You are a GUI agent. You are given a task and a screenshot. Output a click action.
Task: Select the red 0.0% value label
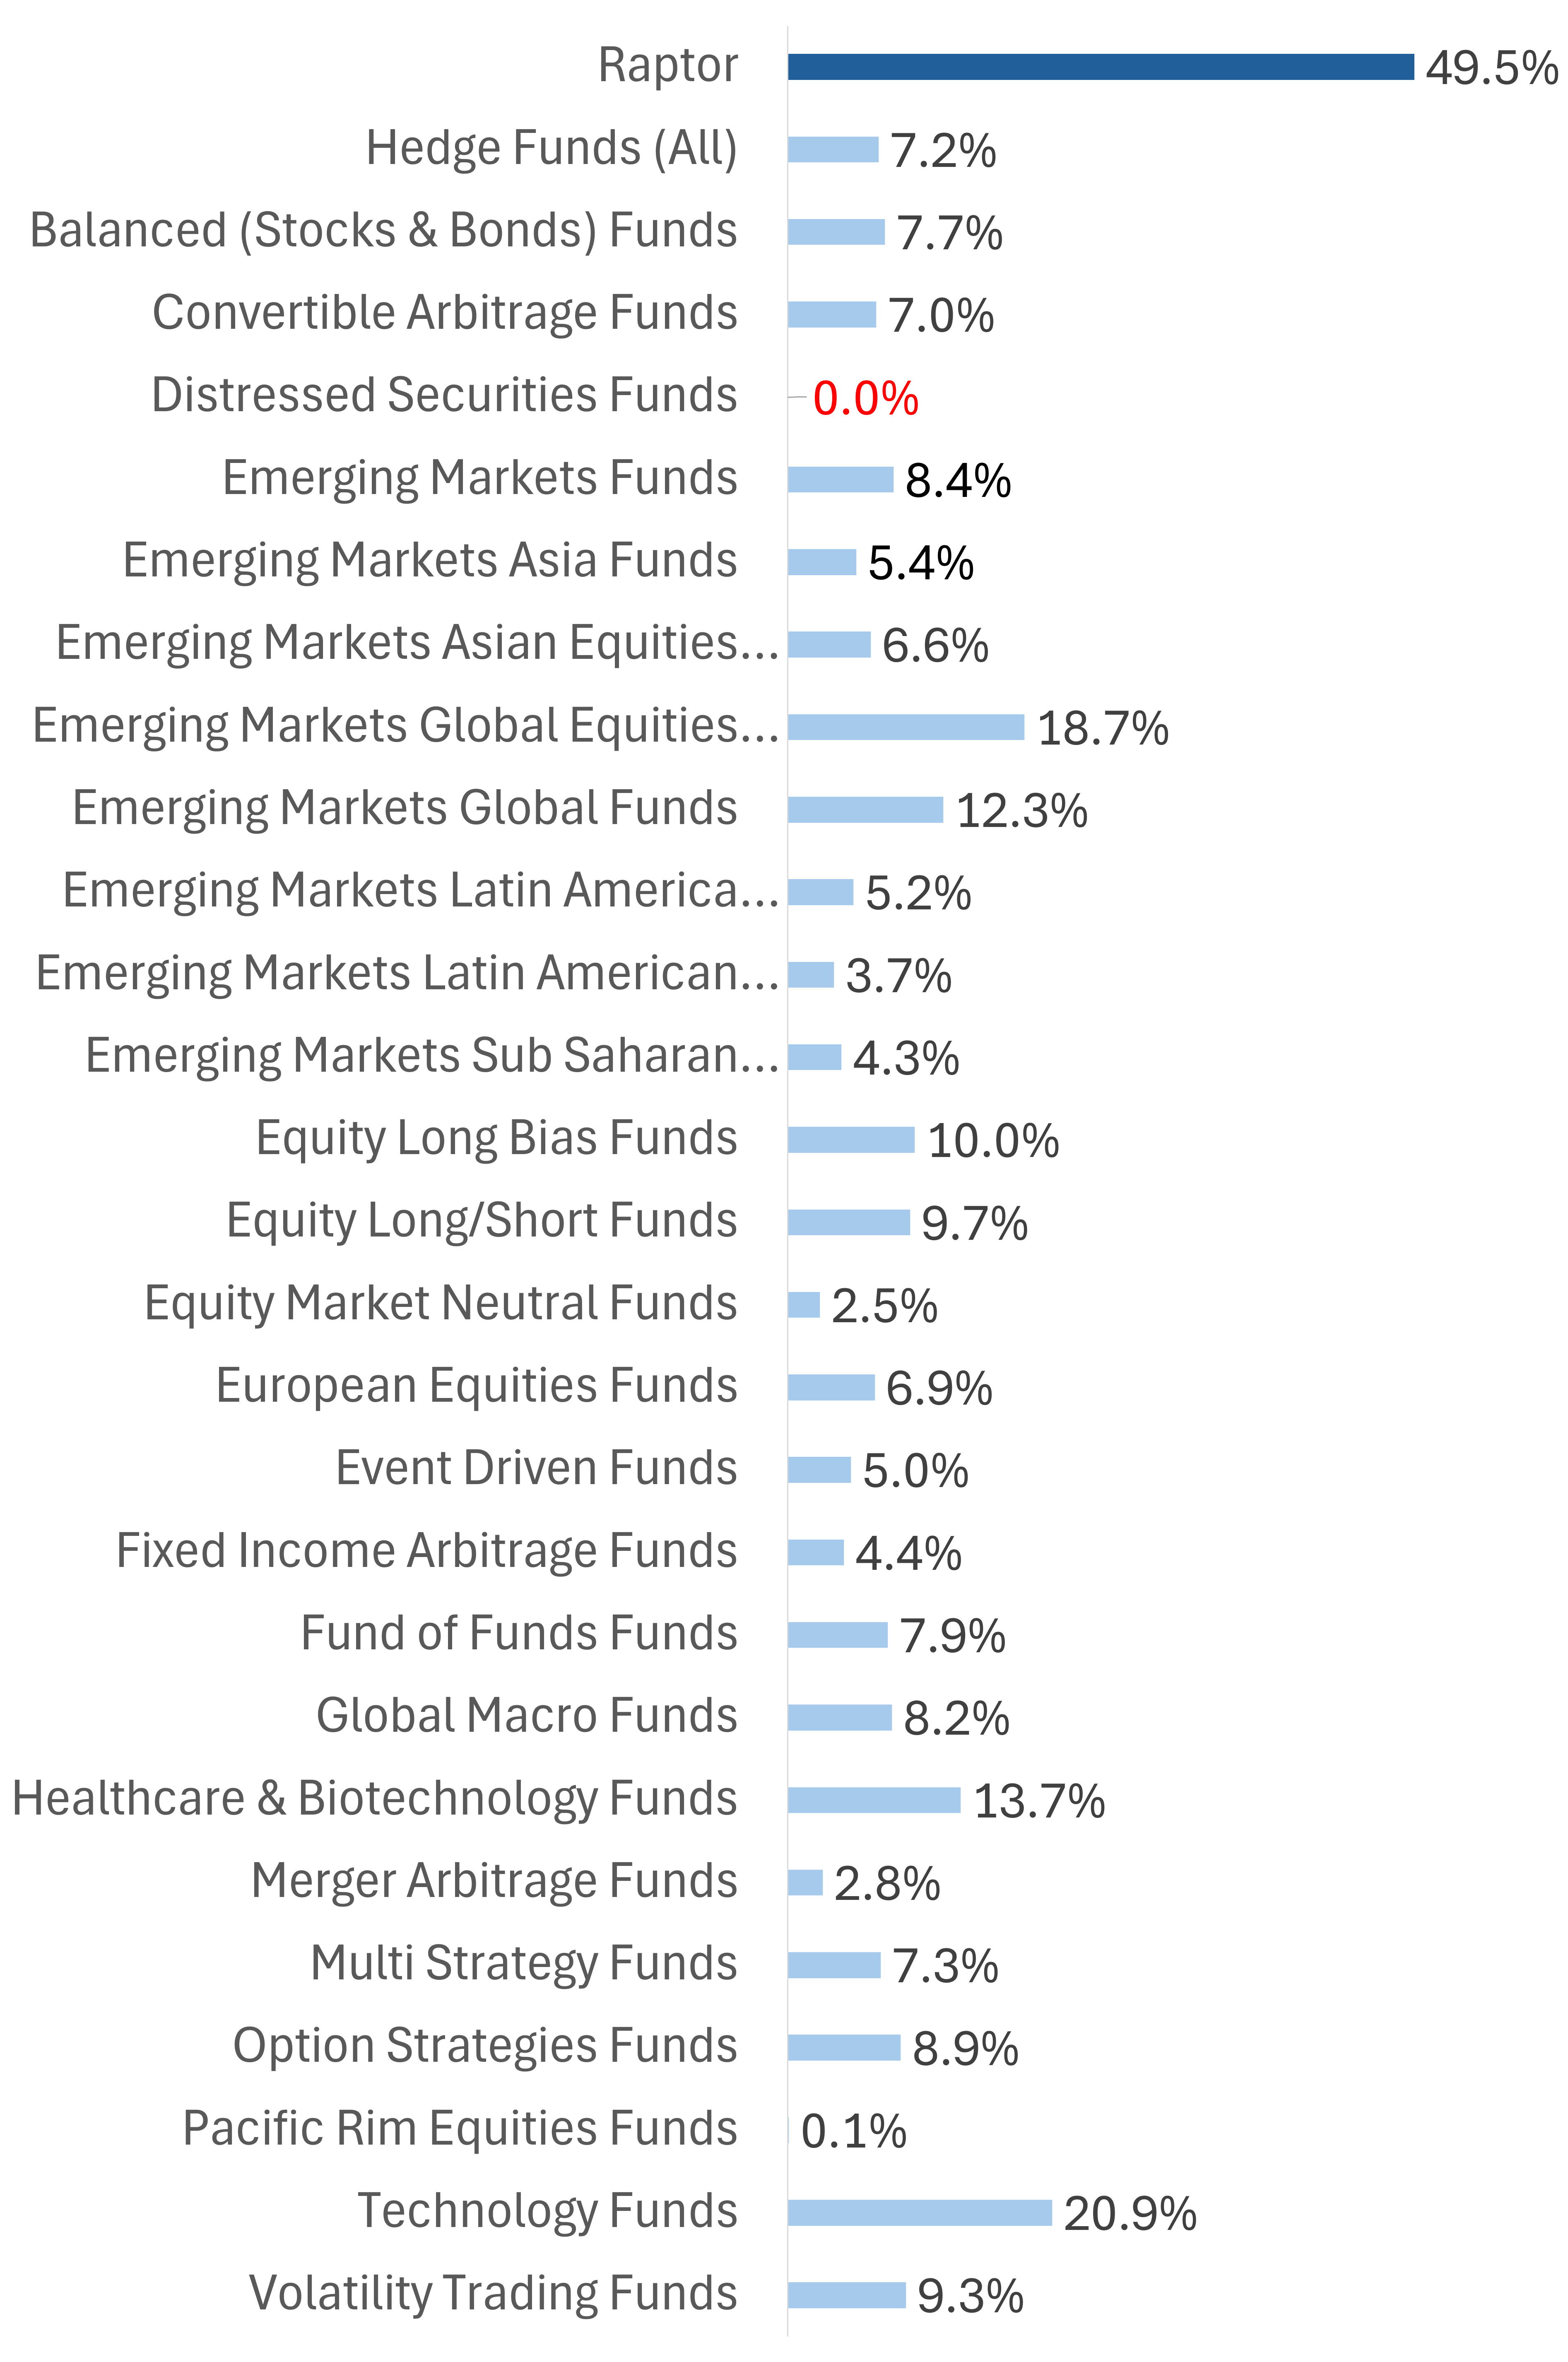coord(865,398)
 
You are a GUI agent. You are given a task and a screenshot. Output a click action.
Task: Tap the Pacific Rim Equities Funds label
coord(459,2128)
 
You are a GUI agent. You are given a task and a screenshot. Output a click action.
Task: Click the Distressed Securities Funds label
coord(444,395)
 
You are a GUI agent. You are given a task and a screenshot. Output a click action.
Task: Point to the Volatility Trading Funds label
coord(493,2293)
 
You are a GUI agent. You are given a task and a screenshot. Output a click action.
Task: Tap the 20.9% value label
coord(1130,2214)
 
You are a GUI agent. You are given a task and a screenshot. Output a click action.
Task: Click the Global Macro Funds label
coord(527,1715)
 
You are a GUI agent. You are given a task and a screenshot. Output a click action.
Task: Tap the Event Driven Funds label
coord(536,1468)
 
